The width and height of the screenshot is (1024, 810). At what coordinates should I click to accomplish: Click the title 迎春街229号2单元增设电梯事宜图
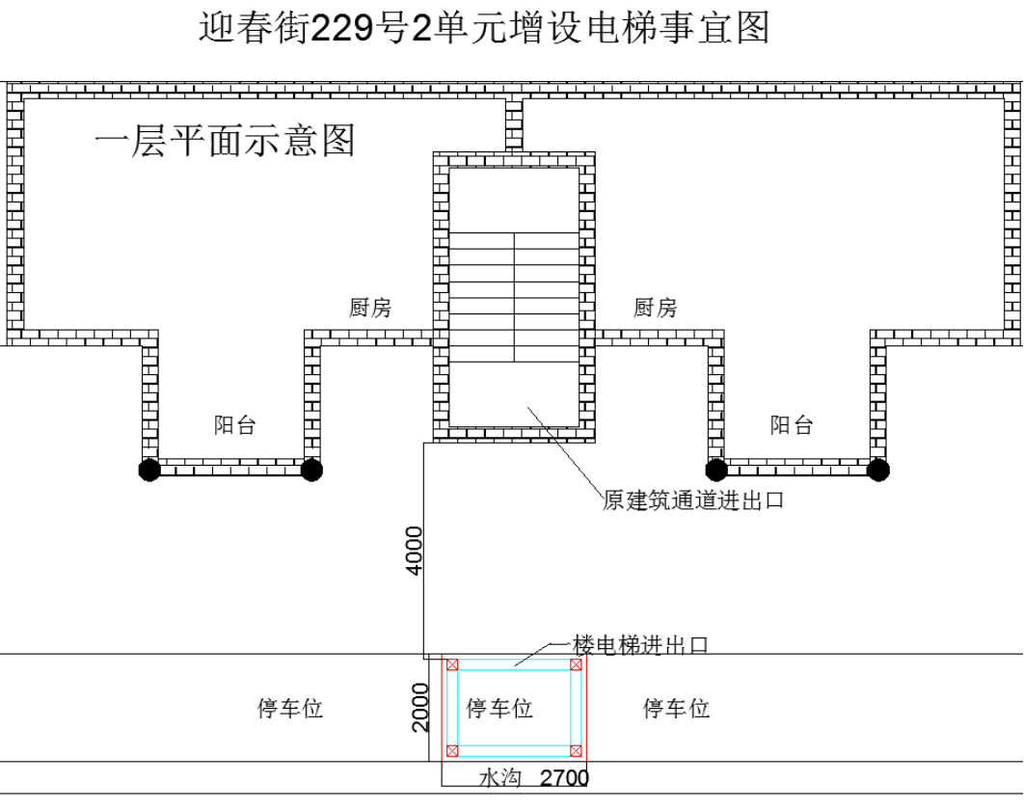(x=484, y=28)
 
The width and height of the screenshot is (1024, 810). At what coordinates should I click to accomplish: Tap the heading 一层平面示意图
(x=225, y=141)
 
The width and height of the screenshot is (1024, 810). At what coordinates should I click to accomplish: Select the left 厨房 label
(x=370, y=308)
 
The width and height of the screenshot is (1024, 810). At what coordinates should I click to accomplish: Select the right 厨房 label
(x=655, y=308)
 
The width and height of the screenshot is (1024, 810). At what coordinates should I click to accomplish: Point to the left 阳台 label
(x=235, y=425)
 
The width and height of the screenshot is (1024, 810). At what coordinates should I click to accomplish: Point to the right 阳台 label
(x=792, y=425)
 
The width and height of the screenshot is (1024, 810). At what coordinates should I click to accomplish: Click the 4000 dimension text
(x=415, y=551)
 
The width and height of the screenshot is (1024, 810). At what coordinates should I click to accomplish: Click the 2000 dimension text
(x=420, y=707)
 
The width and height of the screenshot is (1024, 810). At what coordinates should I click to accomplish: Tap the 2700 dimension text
(x=564, y=778)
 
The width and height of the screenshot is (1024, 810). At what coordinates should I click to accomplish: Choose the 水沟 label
(x=500, y=778)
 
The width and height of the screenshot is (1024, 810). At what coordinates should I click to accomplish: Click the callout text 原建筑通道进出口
(x=693, y=500)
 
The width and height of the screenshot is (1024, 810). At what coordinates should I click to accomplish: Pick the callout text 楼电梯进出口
(x=640, y=645)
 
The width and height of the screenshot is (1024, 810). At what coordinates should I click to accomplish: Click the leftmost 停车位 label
(x=290, y=708)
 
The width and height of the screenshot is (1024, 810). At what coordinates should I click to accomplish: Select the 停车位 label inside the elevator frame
(x=499, y=708)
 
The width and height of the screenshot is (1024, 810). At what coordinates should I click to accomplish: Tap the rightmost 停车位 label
(x=677, y=708)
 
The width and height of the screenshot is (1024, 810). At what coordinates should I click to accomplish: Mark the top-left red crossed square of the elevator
(x=452, y=664)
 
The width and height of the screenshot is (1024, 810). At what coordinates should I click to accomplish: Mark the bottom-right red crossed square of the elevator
(x=576, y=751)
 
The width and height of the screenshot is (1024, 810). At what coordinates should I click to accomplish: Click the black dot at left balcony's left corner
(x=149, y=470)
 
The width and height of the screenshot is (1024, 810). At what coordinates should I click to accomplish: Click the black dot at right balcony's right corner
(x=878, y=470)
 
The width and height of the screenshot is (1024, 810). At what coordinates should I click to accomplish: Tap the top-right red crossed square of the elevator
(x=576, y=664)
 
